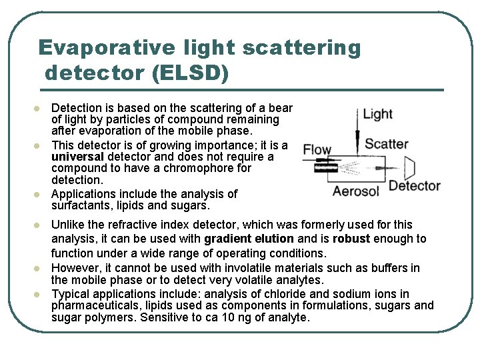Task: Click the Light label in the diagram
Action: [x=377, y=114]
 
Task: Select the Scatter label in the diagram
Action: [x=387, y=143]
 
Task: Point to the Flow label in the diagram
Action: [x=317, y=149]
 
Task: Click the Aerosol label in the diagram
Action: [x=356, y=191]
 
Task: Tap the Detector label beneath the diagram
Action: [x=414, y=185]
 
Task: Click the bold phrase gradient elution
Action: [x=249, y=239]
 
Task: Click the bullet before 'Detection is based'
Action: [x=37, y=108]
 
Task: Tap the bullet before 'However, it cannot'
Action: [x=37, y=269]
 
